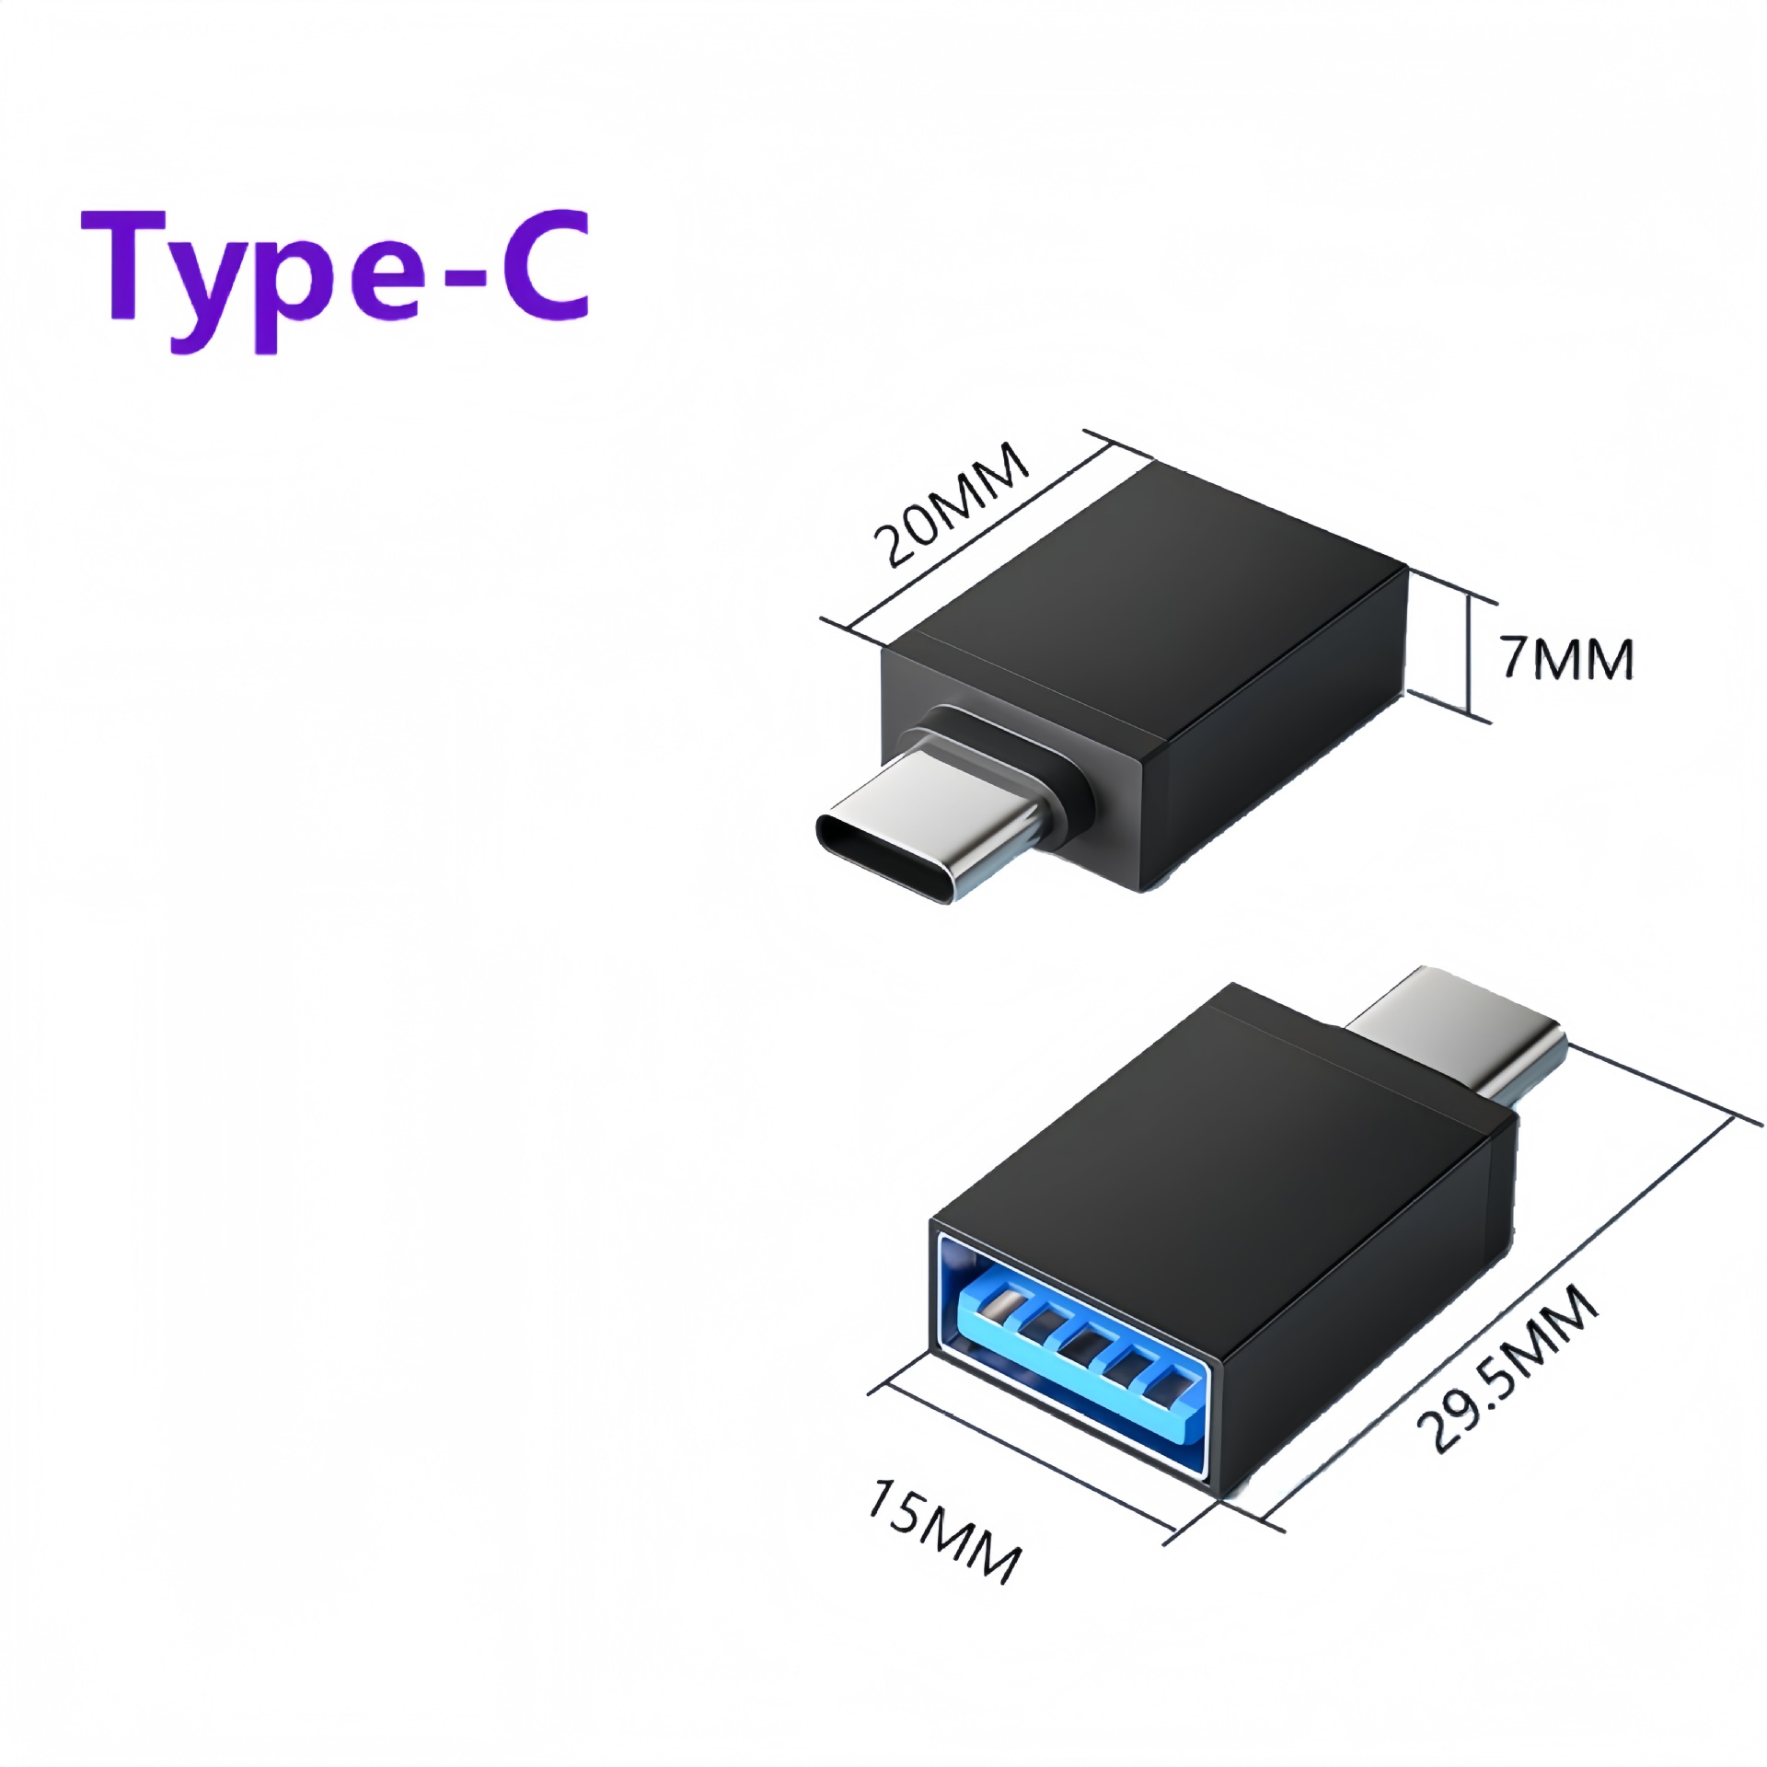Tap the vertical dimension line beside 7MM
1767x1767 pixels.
click(1470, 657)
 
